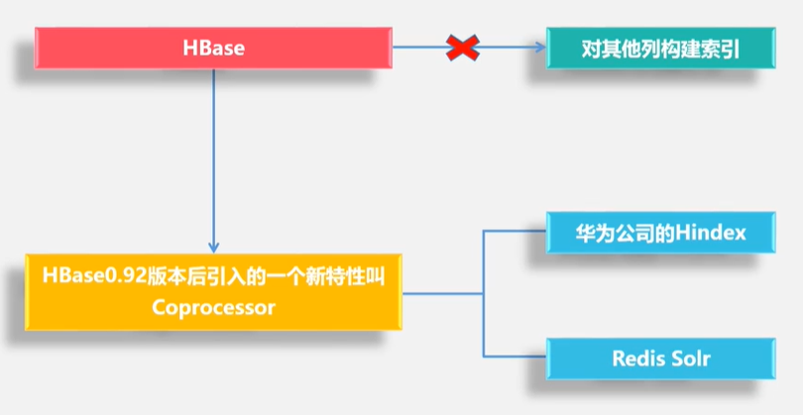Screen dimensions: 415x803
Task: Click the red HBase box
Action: (212, 48)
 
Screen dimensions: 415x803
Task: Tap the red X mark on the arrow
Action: (462, 47)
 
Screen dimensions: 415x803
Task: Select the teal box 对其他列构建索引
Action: (659, 48)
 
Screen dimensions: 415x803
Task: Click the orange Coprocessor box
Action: (213, 292)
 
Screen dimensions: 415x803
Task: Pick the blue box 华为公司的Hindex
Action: (659, 233)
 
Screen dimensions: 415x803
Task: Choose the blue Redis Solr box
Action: (659, 358)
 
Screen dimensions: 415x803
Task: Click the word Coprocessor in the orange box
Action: (213, 307)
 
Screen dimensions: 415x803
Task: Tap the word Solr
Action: (691, 358)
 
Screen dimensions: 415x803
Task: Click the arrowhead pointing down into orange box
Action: (213, 248)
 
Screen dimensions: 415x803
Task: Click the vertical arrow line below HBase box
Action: (213, 158)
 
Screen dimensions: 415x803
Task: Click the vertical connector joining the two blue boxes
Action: (483, 294)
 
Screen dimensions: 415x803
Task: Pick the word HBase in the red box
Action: (213, 48)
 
